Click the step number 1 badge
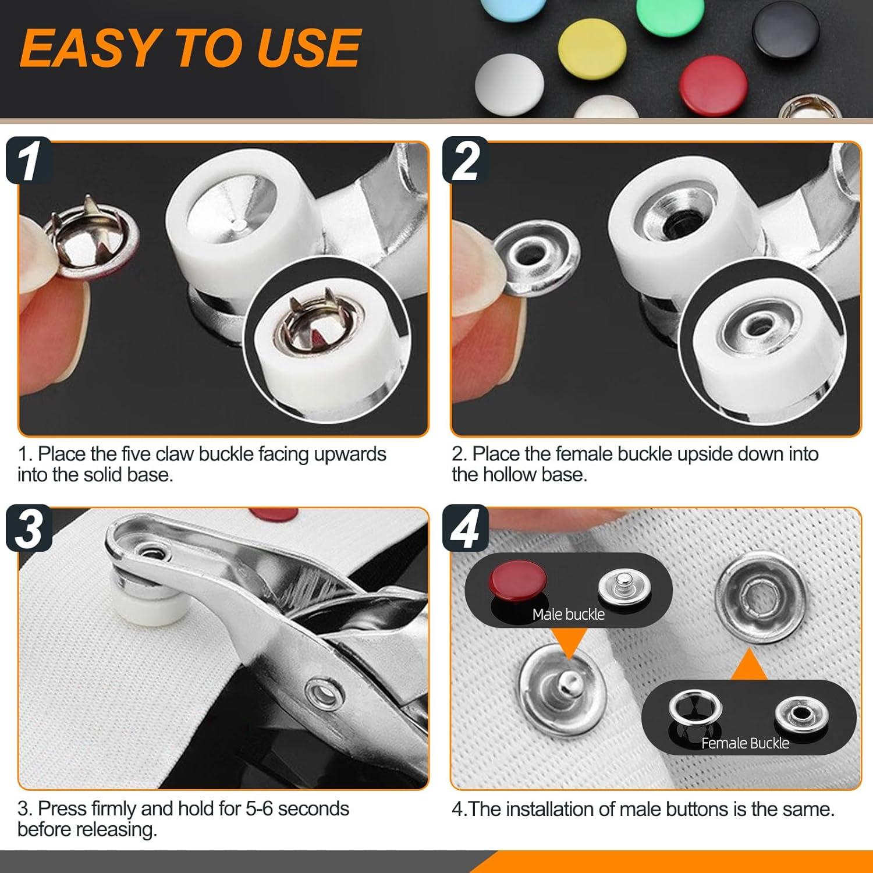point(29,160)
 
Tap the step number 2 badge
point(465,160)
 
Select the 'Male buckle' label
point(568,614)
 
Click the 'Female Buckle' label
point(745,743)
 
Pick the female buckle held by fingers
point(535,254)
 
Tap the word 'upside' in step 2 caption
point(704,455)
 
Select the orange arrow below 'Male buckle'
point(567,644)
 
